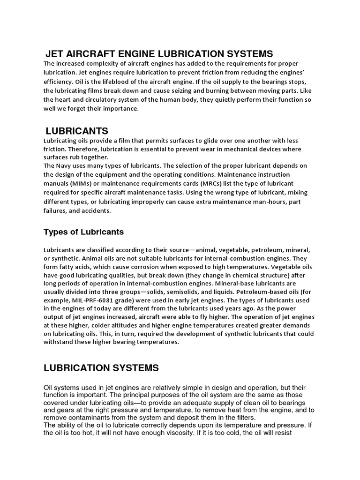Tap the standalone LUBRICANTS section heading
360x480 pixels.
[77, 130]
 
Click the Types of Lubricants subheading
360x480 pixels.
[84, 232]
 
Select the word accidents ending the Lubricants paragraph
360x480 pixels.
[96, 211]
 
